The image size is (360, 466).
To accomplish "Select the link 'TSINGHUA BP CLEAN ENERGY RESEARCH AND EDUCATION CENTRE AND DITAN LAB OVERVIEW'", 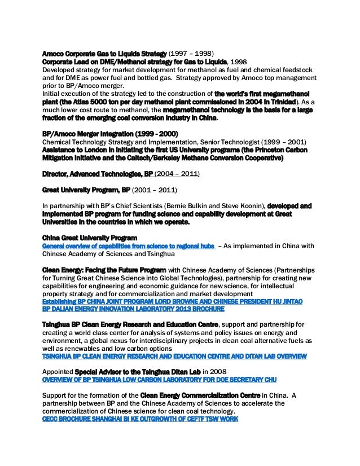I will [174, 356].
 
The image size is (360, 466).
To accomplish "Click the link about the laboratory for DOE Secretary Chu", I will [159, 380].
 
